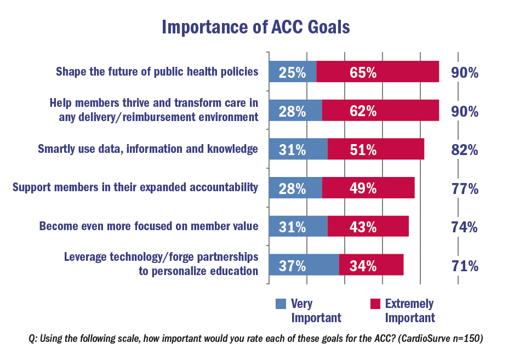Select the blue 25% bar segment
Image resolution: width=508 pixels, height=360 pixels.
pyautogui.click(x=293, y=72)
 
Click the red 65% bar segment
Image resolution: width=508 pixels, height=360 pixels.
pyautogui.click(x=378, y=72)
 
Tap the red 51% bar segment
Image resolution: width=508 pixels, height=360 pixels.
pyautogui.click(x=375, y=150)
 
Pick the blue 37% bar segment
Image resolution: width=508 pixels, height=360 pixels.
pyautogui.click(x=304, y=266)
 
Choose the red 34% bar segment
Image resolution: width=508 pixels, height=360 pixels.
pyautogui.click(x=371, y=266)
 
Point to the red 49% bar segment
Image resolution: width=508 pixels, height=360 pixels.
pyautogui.click(x=368, y=188)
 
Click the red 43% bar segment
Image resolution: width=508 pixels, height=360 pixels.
pyautogui.click(x=368, y=227)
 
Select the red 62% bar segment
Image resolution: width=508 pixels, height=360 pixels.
pyautogui.click(x=380, y=111)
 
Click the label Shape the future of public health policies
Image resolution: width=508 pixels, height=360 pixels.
pyautogui.click(x=157, y=72)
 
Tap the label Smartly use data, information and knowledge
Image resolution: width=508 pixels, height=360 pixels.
pyautogui.click(x=147, y=149)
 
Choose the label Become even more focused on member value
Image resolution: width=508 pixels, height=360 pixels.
pyautogui.click(x=149, y=226)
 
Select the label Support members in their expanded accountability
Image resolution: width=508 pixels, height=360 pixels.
pyautogui.click(x=135, y=188)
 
